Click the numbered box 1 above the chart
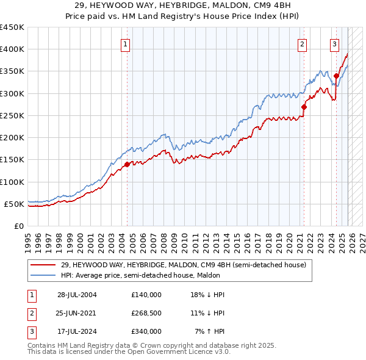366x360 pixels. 125,43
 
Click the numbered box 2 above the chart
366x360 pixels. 302,43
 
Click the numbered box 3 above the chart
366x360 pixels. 335,43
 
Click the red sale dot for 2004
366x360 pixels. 127,164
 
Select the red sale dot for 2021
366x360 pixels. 304,107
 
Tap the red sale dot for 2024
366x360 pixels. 336,76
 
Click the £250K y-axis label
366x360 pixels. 12,115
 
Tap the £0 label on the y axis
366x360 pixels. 18,226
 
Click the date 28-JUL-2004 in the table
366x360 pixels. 77,295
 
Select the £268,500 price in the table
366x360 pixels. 146,313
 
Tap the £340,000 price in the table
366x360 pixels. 146,331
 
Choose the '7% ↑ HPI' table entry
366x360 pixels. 210,331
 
